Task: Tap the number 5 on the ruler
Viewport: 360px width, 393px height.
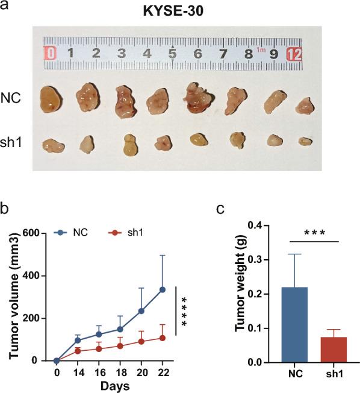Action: point(172,54)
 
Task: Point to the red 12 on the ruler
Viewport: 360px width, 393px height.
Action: point(294,54)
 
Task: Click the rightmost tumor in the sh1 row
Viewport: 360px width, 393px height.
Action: point(305,141)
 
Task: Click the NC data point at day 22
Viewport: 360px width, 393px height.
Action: point(162,289)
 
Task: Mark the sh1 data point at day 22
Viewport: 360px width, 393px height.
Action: point(162,338)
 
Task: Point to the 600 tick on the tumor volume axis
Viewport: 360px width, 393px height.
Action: point(38,233)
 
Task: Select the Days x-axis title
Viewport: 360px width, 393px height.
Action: point(110,385)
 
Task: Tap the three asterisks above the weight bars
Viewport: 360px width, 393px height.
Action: point(314,232)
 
